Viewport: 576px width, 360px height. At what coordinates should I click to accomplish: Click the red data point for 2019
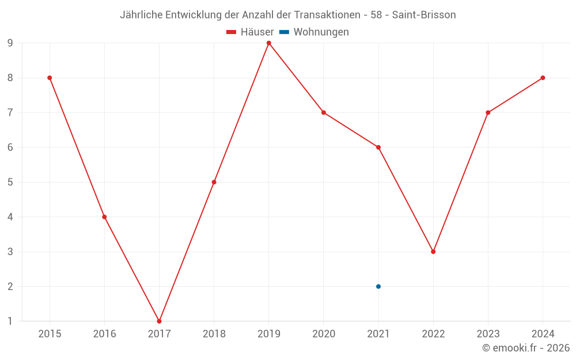[269, 43]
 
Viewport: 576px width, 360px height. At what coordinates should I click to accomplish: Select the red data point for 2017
[159, 321]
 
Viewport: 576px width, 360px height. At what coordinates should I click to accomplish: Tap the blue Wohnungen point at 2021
[378, 286]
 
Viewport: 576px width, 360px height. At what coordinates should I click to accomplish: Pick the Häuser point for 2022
[433, 252]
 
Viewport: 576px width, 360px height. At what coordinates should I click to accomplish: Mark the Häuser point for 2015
[50, 78]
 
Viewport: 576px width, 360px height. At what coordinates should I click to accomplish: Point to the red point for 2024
[543, 78]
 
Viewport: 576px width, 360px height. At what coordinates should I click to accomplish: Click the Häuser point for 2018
[214, 182]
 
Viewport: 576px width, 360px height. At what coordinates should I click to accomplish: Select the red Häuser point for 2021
[378, 147]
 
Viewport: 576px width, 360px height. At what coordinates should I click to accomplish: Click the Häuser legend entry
[257, 32]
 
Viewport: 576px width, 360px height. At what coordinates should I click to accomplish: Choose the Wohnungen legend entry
[321, 32]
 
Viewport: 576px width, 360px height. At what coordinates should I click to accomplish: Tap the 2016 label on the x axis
[104, 334]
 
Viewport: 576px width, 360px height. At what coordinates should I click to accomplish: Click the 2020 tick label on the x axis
[324, 334]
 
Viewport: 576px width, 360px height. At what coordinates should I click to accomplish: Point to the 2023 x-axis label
[488, 334]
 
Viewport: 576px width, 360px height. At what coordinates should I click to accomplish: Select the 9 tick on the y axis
[10, 43]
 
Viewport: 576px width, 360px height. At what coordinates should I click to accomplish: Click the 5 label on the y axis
[10, 182]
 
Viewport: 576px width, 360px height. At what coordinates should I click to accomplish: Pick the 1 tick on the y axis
[10, 321]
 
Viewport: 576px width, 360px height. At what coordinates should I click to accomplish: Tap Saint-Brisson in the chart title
[424, 15]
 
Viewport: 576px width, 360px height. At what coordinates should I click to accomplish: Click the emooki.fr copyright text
[526, 348]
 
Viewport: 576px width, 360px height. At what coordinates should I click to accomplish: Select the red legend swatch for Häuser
[232, 32]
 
